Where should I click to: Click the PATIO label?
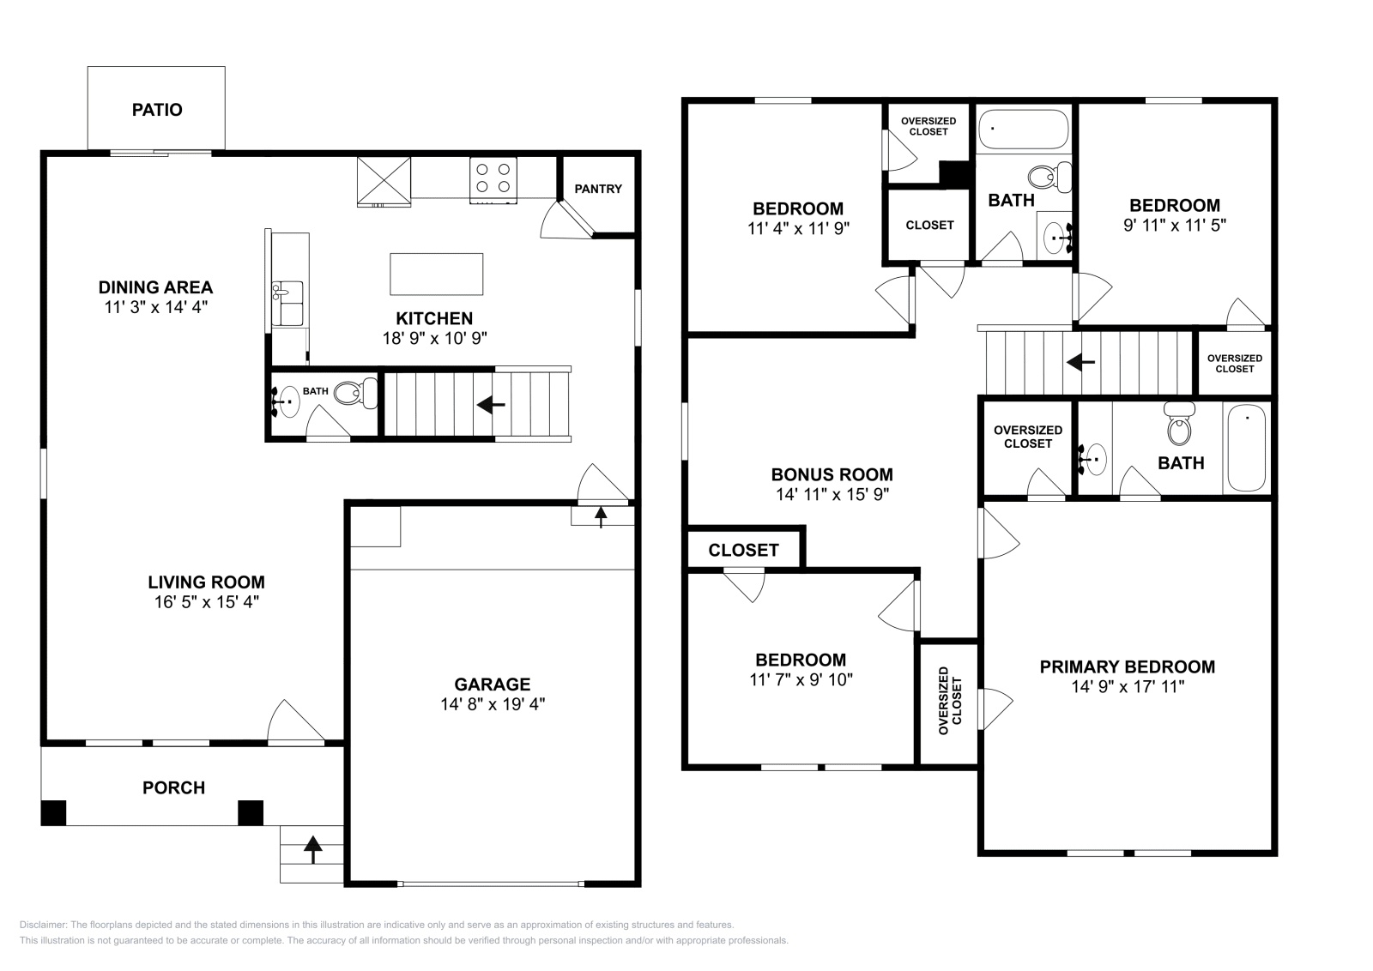coord(157,110)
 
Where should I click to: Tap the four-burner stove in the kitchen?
coord(493,180)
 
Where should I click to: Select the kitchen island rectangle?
coord(437,274)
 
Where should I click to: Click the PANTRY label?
coord(598,189)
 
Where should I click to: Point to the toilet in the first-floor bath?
coord(356,393)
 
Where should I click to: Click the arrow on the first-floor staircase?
coord(491,404)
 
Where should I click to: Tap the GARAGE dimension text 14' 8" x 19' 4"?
coord(493,704)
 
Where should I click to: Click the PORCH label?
coord(173,787)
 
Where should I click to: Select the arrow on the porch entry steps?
coord(312,849)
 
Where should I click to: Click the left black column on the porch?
coord(53,812)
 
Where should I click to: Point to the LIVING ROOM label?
coord(207,582)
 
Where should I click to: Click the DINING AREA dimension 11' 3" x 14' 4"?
coord(155,307)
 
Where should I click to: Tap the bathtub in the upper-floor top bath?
coord(1023,130)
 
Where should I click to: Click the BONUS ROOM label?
coord(832,474)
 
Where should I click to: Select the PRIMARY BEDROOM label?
coord(1128,666)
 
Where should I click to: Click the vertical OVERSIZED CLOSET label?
coord(950,700)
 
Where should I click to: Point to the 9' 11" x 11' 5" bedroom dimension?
coord(1175,225)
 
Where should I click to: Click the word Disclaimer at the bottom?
coord(42,925)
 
